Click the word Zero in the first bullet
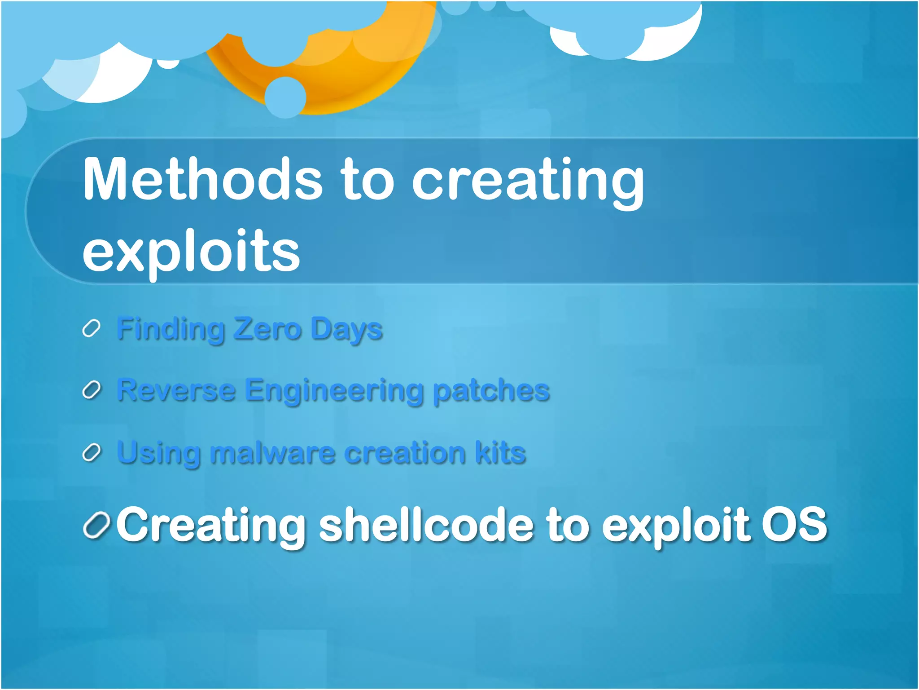point(267,329)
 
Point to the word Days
point(346,330)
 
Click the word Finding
point(171,330)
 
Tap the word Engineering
point(334,391)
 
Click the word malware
point(272,452)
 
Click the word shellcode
point(426,524)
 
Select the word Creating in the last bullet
point(211,525)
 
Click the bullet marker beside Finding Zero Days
point(91,329)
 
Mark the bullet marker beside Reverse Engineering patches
point(91,390)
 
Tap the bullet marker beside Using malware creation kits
point(91,452)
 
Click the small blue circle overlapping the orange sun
point(285,97)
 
